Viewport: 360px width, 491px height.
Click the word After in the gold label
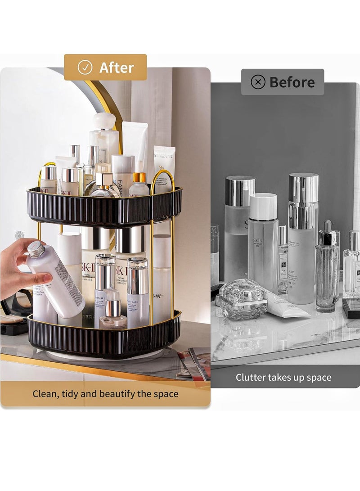(x=117, y=68)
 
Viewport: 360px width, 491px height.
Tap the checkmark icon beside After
(x=85, y=68)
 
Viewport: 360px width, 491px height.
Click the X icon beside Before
(x=258, y=82)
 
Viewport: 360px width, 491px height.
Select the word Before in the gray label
(x=292, y=82)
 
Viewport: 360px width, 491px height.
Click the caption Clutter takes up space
(x=283, y=378)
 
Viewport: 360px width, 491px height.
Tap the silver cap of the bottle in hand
(x=36, y=249)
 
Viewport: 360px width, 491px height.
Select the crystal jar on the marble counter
(x=243, y=298)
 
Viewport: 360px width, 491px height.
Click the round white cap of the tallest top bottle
(x=104, y=121)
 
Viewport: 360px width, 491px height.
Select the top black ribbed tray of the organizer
(x=103, y=207)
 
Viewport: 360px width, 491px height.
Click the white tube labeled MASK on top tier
(x=164, y=164)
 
